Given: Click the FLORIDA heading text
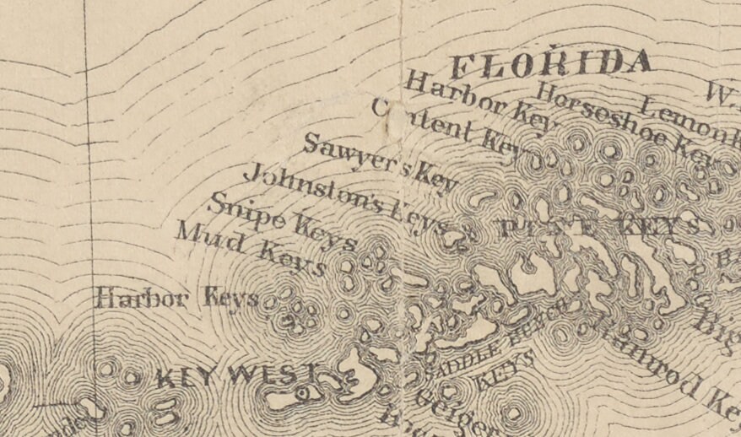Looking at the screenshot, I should pos(551,64).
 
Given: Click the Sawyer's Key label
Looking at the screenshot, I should pos(380,163).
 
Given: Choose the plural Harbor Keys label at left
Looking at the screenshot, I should pos(177,298).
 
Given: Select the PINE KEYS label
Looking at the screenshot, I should pos(599,227).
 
